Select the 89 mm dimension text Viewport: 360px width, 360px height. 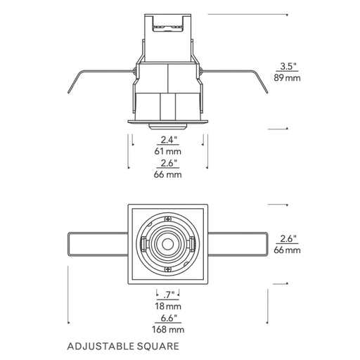(x=288, y=78)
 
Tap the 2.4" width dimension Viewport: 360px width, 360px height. (x=169, y=140)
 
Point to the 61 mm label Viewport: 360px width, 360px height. (x=168, y=151)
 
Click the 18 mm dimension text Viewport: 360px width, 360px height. (x=168, y=306)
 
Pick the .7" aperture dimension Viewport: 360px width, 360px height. (x=169, y=295)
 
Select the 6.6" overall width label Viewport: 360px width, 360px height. (x=169, y=318)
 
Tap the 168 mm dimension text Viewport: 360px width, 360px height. (x=168, y=330)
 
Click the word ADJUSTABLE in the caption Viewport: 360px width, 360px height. (x=101, y=347)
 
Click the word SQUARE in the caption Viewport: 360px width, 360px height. (x=158, y=347)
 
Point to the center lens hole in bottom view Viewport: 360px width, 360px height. (x=168, y=245)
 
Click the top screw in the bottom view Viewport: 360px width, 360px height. (x=168, y=219)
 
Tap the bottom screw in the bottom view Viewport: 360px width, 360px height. (x=168, y=269)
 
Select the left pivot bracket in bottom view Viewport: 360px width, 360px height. (x=143, y=245)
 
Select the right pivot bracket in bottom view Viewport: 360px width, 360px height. (x=193, y=245)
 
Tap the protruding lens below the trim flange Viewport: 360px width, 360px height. (x=168, y=126)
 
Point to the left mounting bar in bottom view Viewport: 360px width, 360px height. (x=98, y=244)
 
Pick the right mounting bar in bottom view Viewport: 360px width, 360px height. (x=238, y=244)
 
